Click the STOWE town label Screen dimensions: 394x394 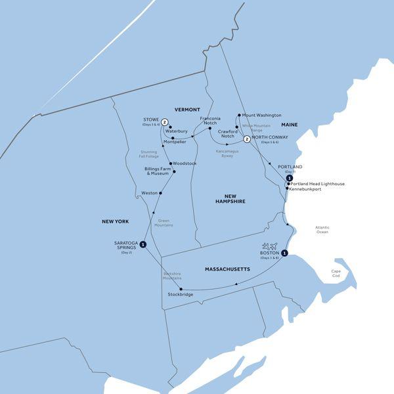tap(151, 119)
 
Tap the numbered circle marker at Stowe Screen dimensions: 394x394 tap(165, 121)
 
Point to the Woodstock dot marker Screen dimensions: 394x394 tap(170, 163)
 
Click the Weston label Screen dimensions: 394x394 tap(150, 193)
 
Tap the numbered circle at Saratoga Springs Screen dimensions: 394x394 tap(143, 245)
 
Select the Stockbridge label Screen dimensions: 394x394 tap(181, 295)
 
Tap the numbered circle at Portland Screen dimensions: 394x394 tap(289, 178)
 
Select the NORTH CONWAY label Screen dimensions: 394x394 tap(270, 138)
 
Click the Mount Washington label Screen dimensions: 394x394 tap(262, 115)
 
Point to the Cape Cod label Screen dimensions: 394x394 tap(336, 273)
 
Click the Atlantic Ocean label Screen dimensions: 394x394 tap(322, 230)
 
